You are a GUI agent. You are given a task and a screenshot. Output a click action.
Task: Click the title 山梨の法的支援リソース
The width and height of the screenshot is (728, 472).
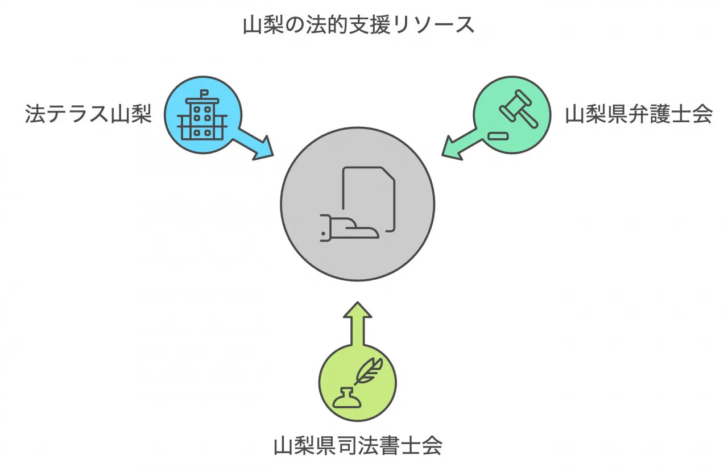(358, 25)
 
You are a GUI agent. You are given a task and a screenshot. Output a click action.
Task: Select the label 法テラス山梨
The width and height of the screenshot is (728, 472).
(88, 114)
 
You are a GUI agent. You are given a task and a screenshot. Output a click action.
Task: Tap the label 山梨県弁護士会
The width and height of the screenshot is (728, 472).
(638, 114)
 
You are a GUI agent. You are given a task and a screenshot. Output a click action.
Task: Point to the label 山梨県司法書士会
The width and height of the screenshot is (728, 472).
(358, 445)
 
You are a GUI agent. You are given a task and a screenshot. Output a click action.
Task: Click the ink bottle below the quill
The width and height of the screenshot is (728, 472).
(347, 398)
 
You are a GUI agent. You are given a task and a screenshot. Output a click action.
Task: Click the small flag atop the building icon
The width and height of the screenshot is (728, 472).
(204, 93)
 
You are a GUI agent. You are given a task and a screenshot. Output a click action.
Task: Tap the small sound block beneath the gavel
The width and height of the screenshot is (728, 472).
(497, 135)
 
